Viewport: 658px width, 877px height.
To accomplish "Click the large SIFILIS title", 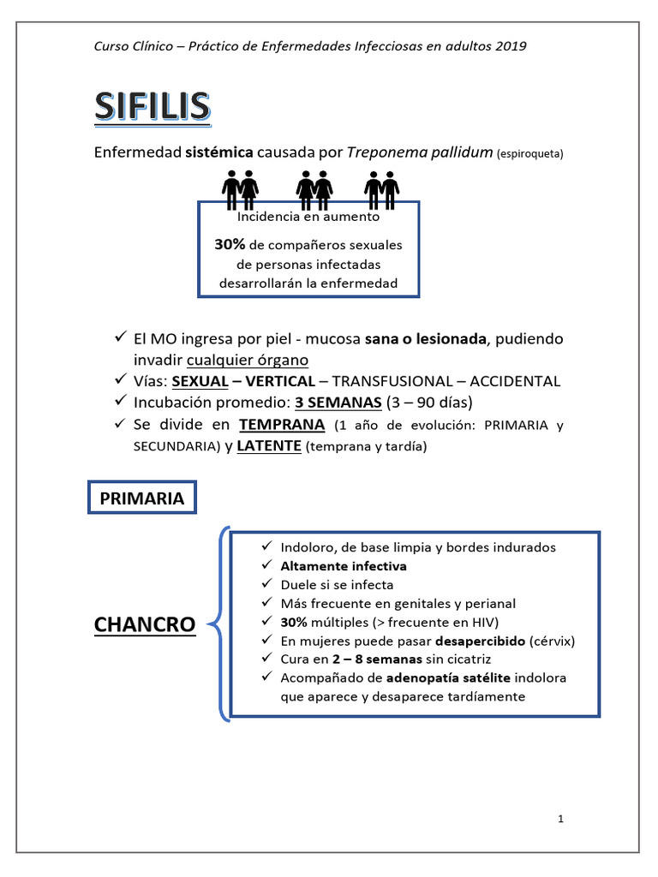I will click(152, 107).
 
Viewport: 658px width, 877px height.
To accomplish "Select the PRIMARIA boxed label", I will click(142, 498).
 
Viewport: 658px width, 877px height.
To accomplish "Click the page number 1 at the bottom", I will click(560, 819).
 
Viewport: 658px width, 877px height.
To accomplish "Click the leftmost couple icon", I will click(241, 188).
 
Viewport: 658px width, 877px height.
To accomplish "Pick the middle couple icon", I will click(314, 188).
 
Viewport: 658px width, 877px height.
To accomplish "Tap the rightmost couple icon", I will click(381, 188).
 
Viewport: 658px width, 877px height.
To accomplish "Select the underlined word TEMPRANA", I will click(282, 425).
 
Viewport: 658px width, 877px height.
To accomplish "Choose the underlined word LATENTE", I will click(269, 447).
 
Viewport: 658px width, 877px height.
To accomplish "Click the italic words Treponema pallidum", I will click(419, 153).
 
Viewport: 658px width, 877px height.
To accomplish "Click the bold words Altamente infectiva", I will click(344, 566).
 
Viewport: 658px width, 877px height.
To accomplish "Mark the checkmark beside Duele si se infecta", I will click(266, 585).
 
